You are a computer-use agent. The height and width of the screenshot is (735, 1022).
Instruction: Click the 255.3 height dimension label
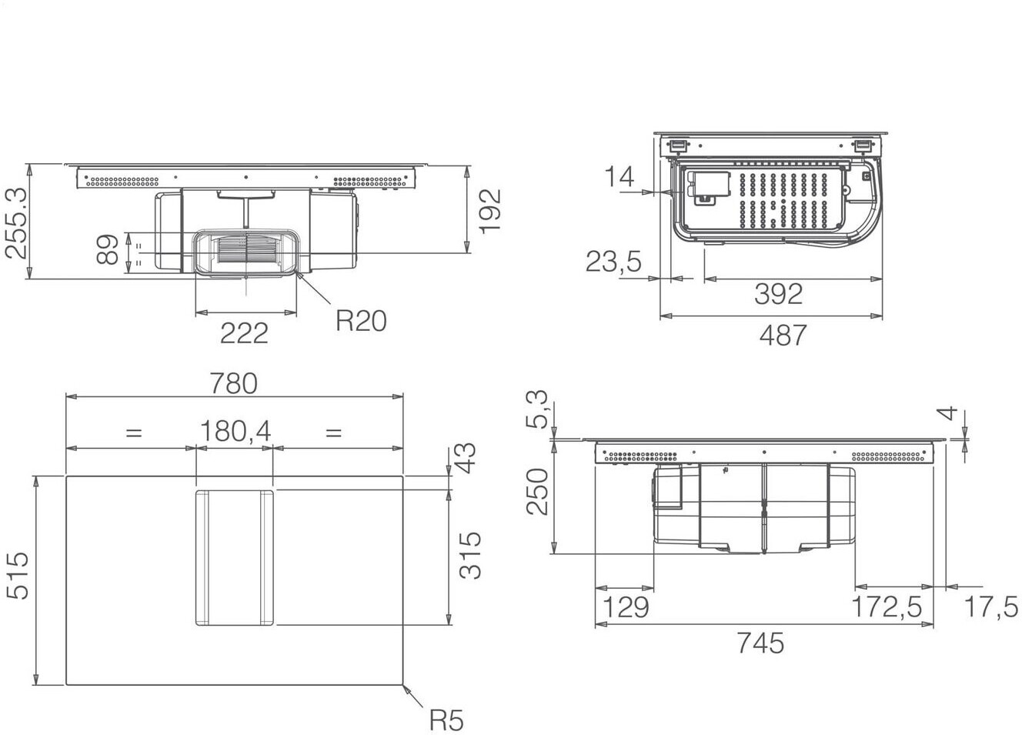[16, 223]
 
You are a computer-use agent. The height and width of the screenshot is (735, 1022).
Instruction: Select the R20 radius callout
[361, 321]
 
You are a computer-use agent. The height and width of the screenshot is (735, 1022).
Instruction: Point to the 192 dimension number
[490, 211]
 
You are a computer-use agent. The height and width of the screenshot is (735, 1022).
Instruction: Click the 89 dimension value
[108, 249]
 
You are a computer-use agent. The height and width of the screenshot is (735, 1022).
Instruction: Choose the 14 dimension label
[620, 176]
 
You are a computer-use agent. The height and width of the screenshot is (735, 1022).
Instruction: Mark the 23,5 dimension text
[613, 262]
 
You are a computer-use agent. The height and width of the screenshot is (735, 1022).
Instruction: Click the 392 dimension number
[778, 294]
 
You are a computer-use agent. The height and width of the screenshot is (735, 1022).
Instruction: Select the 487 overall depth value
[783, 336]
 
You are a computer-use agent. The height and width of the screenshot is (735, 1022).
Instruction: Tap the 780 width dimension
[234, 383]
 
